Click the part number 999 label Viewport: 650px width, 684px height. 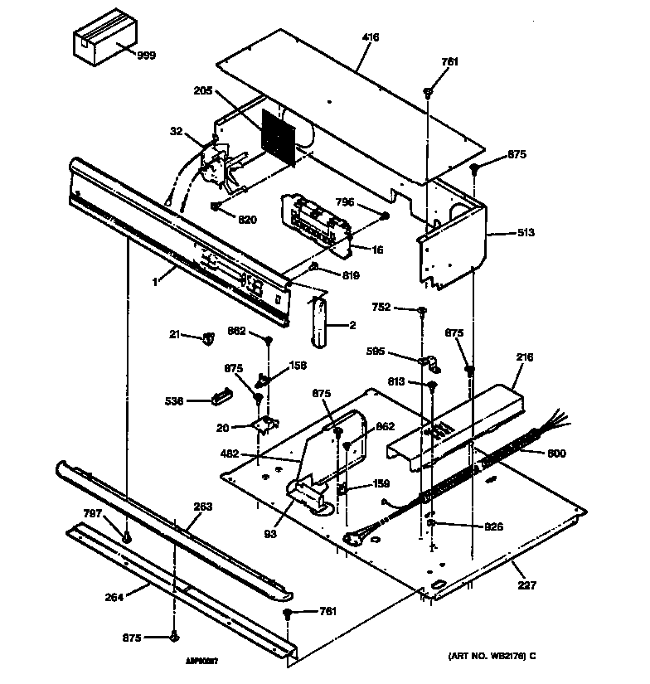coord(146,56)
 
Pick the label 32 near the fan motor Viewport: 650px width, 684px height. coord(177,130)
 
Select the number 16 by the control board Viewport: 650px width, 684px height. coord(377,249)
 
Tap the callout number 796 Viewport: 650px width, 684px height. coord(347,201)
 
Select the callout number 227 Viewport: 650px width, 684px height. coord(526,585)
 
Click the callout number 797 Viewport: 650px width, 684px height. coord(93,514)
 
